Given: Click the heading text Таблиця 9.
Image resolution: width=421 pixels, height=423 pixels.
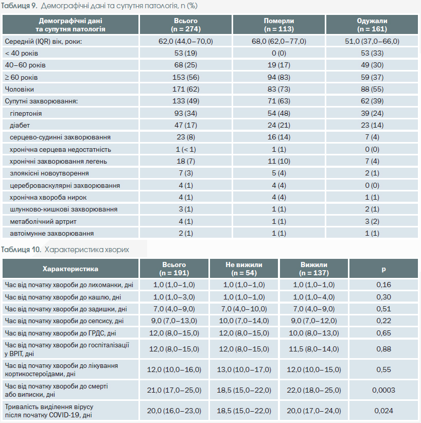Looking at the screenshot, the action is [19, 6].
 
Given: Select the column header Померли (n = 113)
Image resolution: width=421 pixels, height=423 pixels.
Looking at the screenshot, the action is [279, 25].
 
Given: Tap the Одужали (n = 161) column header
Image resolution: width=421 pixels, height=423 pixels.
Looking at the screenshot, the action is [372, 25].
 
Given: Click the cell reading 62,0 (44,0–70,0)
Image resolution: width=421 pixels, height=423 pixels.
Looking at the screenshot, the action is [186, 41].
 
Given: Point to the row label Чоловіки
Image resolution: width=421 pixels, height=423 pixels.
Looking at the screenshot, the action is [19, 90].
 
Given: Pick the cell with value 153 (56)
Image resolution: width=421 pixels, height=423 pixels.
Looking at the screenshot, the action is [186, 77].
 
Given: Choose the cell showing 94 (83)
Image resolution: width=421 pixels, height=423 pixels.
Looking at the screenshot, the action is [279, 77].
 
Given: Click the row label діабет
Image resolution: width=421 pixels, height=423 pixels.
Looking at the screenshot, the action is [20, 126].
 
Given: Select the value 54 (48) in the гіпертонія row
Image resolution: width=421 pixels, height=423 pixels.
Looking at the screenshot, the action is [279, 113].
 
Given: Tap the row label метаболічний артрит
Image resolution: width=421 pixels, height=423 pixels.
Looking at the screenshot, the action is [43, 221].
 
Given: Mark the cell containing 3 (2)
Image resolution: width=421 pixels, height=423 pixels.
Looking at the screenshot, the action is [372, 221].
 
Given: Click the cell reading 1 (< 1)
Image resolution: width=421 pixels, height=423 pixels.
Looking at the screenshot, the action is [186, 149].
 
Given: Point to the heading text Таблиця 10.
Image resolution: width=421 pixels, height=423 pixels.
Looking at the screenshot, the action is [21, 250].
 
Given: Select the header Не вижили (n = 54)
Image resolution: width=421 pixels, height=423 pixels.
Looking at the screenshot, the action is [243, 269].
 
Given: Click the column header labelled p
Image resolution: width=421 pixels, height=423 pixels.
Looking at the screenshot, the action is [383, 269].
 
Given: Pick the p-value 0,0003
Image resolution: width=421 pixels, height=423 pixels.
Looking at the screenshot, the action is [383, 390].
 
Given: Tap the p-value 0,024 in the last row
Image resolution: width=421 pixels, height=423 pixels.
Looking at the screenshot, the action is [383, 411].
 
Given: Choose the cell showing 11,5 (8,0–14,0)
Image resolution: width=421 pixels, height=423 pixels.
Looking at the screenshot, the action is [313, 349].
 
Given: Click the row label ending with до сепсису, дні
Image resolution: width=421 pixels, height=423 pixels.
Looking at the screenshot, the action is [64, 321].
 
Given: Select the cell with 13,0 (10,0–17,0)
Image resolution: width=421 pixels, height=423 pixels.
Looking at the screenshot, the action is [243, 369].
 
